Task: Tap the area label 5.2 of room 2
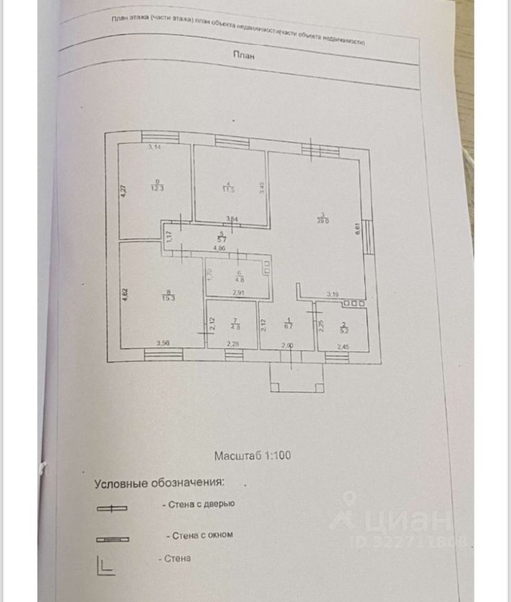click(344, 327)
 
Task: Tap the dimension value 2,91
click(238, 293)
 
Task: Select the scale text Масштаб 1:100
click(252, 456)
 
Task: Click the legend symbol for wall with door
click(112, 509)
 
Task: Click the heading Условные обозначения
click(159, 483)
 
